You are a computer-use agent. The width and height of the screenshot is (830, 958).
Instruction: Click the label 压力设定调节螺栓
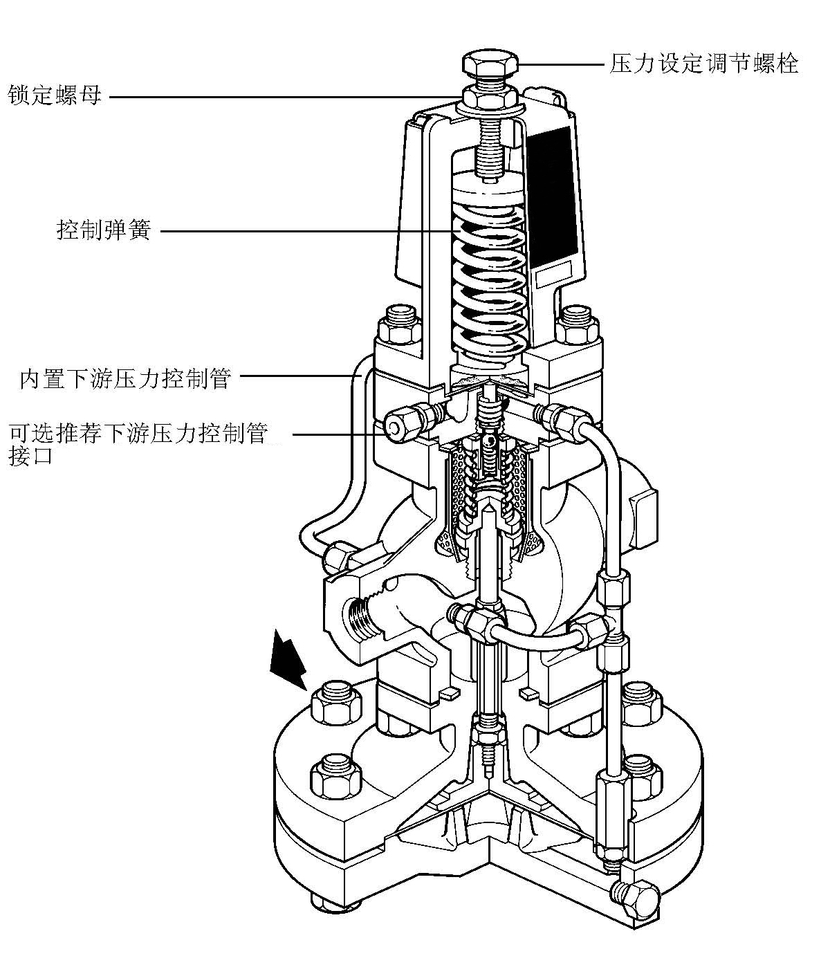click(x=704, y=64)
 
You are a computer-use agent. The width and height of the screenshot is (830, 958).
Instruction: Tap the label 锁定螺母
click(x=55, y=95)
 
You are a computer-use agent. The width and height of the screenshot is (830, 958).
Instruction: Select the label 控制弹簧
click(x=103, y=230)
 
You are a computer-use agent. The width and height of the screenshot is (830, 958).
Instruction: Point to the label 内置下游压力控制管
click(x=124, y=379)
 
